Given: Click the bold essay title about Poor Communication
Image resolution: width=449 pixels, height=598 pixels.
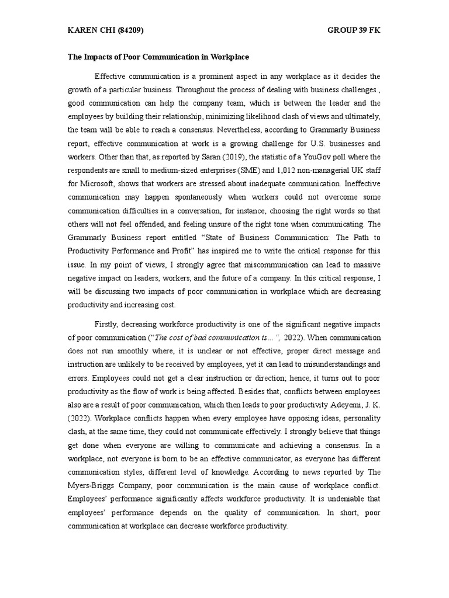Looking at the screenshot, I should click(x=158, y=57).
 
